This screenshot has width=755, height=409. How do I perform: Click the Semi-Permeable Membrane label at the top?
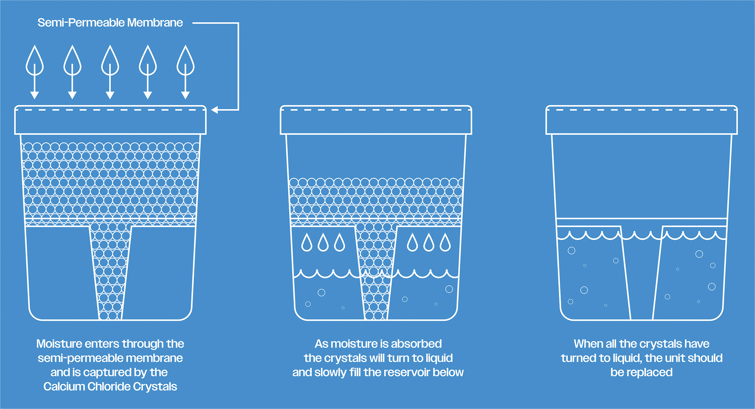110,23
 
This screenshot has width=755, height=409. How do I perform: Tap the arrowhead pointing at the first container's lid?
214,110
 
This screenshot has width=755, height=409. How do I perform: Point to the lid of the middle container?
376,120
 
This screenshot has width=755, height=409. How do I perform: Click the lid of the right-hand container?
642,120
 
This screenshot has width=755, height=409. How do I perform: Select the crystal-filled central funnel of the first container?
110,272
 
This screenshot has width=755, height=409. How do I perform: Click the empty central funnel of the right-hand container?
642,278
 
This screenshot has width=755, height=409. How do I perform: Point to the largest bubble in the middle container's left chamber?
322,292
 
